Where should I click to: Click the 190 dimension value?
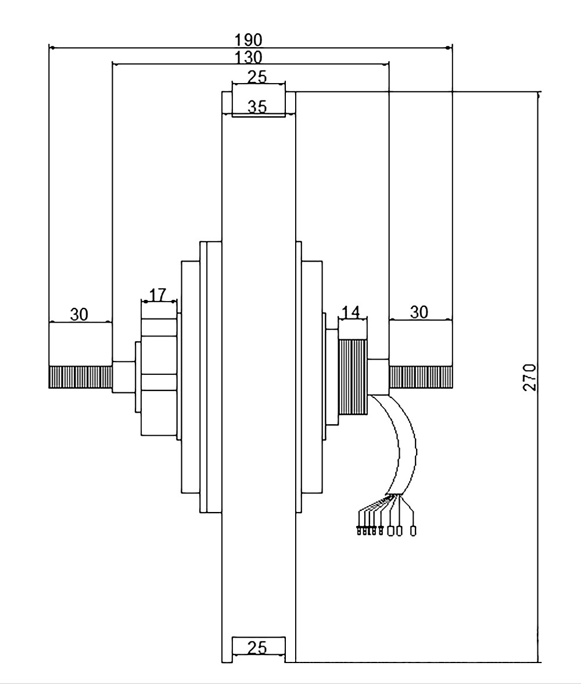pyautogui.click(x=249, y=40)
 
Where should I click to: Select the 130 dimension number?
pyautogui.click(x=249, y=57)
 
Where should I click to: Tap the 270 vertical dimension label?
pyautogui.click(x=529, y=377)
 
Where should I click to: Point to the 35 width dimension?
pyautogui.click(x=257, y=106)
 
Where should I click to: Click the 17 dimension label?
pyautogui.click(x=158, y=295)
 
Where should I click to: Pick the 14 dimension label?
pyautogui.click(x=351, y=312)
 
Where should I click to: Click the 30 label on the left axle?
pyautogui.click(x=79, y=314)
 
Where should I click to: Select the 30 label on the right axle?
pyautogui.click(x=419, y=312)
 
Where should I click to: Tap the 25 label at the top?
pyautogui.click(x=257, y=77)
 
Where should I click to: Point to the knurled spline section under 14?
pyautogui.click(x=353, y=377)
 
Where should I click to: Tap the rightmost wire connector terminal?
pyautogui.click(x=413, y=531)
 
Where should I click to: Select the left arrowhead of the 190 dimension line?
pyautogui.click(x=52, y=48)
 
